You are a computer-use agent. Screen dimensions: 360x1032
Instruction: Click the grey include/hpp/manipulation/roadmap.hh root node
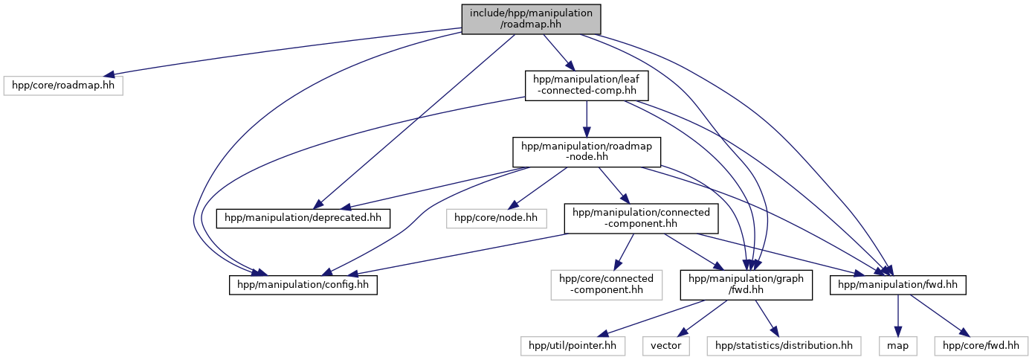click(531, 19)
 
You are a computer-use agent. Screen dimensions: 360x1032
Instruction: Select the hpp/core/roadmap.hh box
click(62, 85)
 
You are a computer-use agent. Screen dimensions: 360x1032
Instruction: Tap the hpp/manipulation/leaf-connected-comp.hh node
click(587, 85)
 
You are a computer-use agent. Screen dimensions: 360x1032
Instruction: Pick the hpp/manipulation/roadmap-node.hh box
click(587, 152)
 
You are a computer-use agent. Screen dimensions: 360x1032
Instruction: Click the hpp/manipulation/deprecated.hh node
click(303, 218)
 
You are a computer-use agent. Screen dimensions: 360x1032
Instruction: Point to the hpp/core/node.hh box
click(496, 218)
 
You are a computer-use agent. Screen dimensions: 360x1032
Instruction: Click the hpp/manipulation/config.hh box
click(303, 284)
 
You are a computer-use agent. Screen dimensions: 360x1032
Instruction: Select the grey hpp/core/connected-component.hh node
click(606, 284)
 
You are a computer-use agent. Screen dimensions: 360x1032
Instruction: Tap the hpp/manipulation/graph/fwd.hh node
click(746, 284)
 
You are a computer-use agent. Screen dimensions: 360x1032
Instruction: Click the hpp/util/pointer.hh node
click(573, 345)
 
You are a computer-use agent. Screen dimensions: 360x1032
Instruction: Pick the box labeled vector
click(665, 345)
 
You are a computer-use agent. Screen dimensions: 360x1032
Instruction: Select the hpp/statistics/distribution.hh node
click(784, 345)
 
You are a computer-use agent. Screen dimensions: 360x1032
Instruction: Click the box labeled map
click(897, 345)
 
